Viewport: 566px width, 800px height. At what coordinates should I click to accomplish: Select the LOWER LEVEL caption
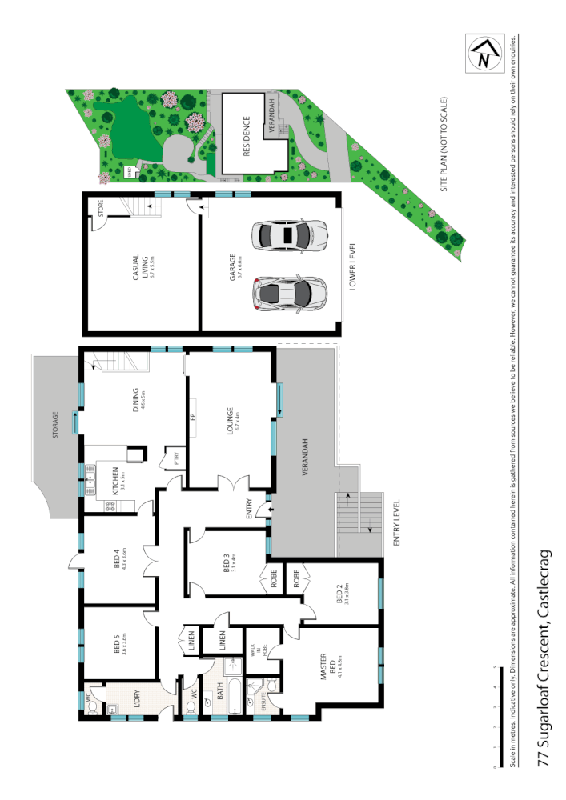(352, 266)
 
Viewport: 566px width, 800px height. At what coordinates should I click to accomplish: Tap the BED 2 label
(339, 593)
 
